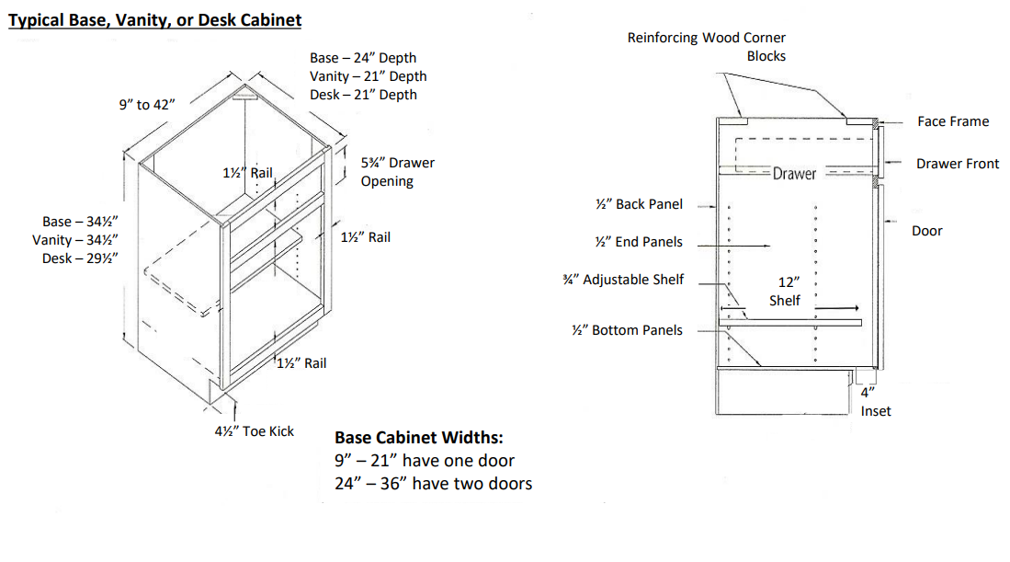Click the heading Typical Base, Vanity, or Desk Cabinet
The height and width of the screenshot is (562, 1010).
pyautogui.click(x=154, y=19)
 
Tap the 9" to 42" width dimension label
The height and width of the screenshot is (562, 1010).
pyautogui.click(x=146, y=105)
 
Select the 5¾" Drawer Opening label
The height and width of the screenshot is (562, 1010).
pyautogui.click(x=397, y=172)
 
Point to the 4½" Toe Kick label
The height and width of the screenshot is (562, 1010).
pyautogui.click(x=255, y=430)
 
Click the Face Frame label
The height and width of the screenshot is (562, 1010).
pyautogui.click(x=953, y=121)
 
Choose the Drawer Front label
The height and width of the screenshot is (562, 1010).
pyautogui.click(x=957, y=164)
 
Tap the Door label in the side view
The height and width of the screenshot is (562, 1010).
pyautogui.click(x=926, y=231)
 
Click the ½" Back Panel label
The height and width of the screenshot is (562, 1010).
pyautogui.click(x=639, y=204)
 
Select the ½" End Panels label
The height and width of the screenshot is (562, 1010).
pyautogui.click(x=639, y=242)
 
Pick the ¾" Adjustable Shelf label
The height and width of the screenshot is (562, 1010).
pyautogui.click(x=623, y=280)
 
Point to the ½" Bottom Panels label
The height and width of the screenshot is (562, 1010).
pyautogui.click(x=627, y=330)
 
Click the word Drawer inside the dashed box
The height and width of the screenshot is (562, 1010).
pyautogui.click(x=794, y=174)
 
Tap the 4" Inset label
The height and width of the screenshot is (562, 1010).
pyautogui.click(x=875, y=402)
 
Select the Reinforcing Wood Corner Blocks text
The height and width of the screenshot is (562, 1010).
pyautogui.click(x=707, y=47)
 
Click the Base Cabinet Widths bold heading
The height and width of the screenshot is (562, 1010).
pyautogui.click(x=418, y=438)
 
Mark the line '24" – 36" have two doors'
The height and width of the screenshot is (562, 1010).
pyautogui.click(x=433, y=483)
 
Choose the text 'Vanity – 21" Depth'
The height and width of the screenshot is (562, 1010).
pyautogui.click(x=368, y=76)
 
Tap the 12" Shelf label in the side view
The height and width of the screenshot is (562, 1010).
pyautogui.click(x=785, y=292)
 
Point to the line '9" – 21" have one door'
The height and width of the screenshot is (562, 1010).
pyautogui.click(x=425, y=461)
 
